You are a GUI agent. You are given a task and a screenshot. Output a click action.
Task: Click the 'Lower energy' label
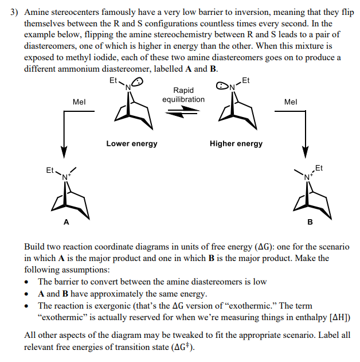pos(131,143)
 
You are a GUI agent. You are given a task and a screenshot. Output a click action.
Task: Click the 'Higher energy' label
pos(236,143)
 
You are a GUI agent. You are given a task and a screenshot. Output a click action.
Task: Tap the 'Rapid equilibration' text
pos(183,95)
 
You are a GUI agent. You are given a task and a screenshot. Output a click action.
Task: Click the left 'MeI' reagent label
pos(79,102)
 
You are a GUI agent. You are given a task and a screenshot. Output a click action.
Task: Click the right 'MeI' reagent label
pos(290,102)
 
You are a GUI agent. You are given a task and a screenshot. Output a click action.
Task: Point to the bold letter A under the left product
pos(66,221)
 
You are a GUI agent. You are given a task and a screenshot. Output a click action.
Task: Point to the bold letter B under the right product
pos(310,221)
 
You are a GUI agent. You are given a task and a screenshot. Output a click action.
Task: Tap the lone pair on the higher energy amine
pos(221,86)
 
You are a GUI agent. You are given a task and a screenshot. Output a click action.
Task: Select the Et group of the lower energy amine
pos(113,81)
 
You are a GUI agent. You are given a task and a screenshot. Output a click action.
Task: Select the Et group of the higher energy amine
pos(246,80)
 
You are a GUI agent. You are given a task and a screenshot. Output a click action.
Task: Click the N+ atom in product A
pos(66,177)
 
